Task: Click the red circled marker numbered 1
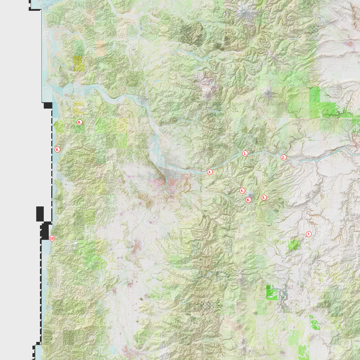[x=245, y=153]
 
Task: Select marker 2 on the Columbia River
[x=283, y=157]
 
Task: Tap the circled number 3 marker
[x=210, y=172]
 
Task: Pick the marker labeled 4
[x=242, y=190]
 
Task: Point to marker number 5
[x=264, y=197]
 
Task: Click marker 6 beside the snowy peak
[x=248, y=200]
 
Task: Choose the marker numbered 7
[x=309, y=234]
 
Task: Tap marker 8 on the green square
[x=79, y=122]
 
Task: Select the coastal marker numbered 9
[x=57, y=149]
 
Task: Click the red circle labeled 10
[x=52, y=238]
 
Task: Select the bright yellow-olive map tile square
[x=79, y=63]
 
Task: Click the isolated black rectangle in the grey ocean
[x=40, y=214]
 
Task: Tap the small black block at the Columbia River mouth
[x=48, y=105]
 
